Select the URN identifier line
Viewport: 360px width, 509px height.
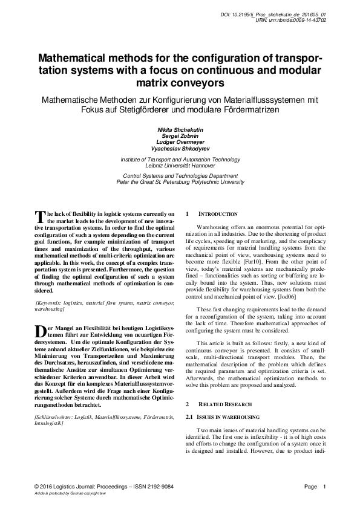click(292, 19)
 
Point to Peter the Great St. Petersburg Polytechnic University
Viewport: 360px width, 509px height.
click(180, 182)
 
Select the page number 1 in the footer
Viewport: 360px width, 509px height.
click(325, 487)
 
